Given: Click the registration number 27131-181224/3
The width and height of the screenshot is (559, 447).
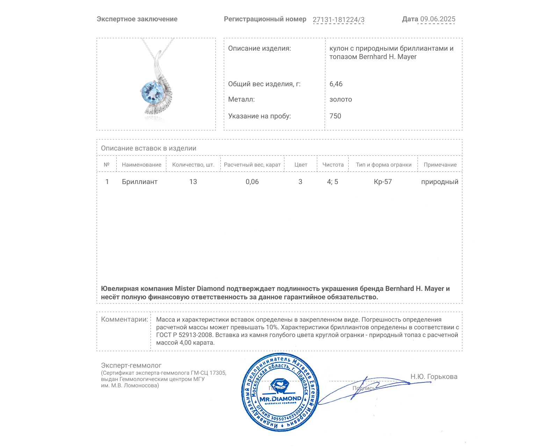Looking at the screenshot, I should [338, 20].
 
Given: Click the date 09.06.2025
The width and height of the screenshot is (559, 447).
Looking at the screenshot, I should [437, 19].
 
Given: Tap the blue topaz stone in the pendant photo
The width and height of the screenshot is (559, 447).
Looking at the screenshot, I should [153, 92].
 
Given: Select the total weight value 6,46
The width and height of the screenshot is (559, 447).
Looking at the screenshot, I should [336, 84].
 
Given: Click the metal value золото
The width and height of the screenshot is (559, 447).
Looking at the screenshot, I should [340, 99].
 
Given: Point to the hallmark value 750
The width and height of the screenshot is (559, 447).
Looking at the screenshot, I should [335, 116].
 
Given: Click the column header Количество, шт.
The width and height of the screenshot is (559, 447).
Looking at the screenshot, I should [193, 164].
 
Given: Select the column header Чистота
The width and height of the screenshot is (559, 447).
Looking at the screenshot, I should [333, 164].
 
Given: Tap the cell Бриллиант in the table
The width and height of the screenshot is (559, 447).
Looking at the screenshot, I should [139, 182].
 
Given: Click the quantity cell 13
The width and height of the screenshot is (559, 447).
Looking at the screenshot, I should [193, 182].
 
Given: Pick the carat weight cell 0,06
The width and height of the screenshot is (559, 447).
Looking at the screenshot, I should [252, 182].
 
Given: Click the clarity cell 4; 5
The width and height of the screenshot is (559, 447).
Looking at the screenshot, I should [332, 182].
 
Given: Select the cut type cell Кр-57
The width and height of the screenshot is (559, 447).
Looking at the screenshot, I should [383, 182].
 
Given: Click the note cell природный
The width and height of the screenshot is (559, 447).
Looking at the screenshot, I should [440, 182].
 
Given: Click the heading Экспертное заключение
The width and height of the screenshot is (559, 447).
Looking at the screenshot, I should [137, 19].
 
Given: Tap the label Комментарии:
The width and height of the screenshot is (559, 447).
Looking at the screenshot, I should [124, 319].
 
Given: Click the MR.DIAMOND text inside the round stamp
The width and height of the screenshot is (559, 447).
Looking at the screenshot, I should [280, 398].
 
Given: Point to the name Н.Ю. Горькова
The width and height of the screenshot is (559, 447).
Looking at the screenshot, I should [434, 376].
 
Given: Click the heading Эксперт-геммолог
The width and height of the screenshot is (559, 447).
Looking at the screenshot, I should [131, 365].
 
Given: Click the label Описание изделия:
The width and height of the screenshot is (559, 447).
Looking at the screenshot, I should [259, 48].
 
